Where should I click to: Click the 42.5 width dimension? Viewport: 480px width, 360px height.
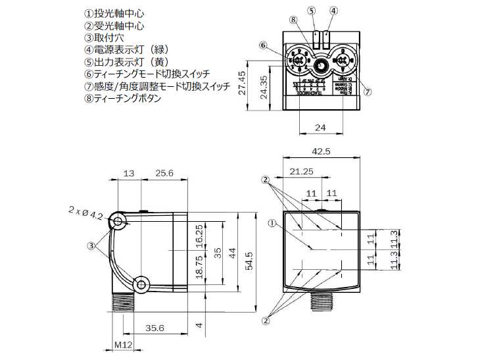(x=320, y=151)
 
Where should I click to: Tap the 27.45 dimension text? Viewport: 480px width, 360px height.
(x=242, y=83)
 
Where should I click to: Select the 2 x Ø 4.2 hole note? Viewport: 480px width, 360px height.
(x=85, y=212)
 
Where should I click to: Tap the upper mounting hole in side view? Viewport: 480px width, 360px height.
(x=118, y=222)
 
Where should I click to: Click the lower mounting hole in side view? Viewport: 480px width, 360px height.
(x=139, y=283)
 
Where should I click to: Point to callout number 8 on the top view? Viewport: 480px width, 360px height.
(x=293, y=19)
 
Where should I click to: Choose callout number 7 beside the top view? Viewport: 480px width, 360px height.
(x=368, y=92)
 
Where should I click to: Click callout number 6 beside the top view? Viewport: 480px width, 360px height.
(x=264, y=46)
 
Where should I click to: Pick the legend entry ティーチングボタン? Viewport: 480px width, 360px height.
(x=122, y=99)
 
